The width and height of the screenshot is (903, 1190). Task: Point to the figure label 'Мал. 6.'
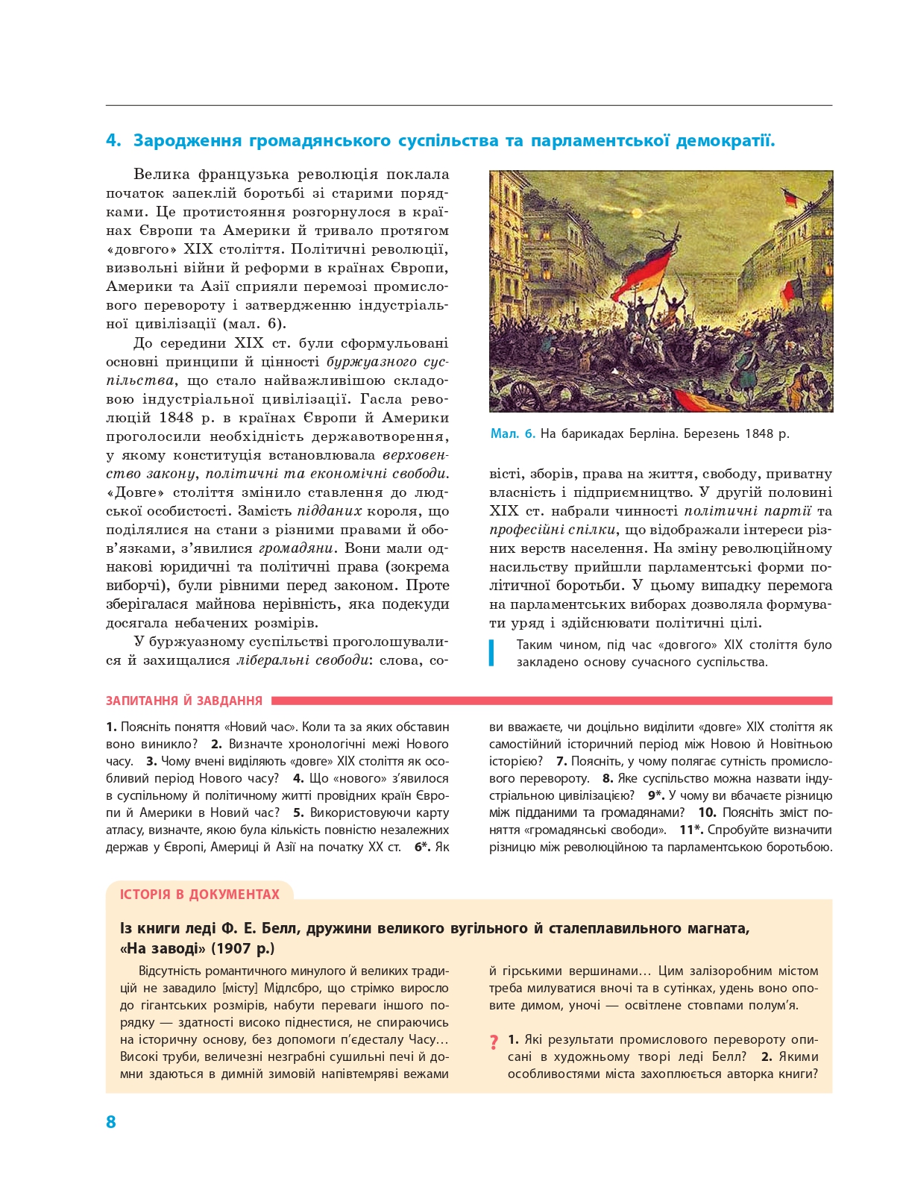(512, 433)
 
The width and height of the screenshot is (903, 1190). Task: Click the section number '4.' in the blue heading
(113, 140)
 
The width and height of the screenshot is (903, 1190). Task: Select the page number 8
(111, 1121)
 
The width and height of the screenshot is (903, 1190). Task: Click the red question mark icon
(494, 1042)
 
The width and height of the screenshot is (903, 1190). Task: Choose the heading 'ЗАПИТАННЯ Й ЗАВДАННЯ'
(184, 701)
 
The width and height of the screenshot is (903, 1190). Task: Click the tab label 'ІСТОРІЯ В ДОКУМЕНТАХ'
(200, 894)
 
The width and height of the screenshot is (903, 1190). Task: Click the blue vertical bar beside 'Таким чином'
(492, 653)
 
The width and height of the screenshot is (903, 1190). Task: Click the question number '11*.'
(691, 830)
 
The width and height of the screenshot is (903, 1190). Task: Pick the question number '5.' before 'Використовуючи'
(298, 812)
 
